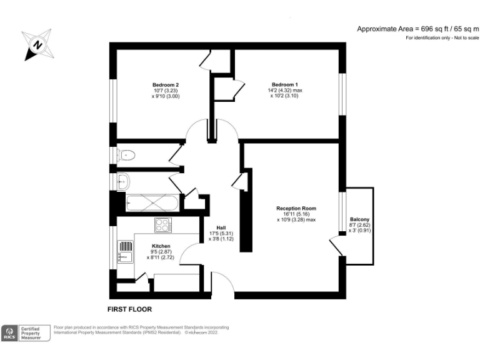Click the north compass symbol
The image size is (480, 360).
(x=37, y=45)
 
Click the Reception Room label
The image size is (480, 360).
(x=296, y=208)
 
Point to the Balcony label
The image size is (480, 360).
(x=359, y=219)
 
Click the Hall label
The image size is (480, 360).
(x=221, y=227)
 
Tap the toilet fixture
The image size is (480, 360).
(x=127, y=153)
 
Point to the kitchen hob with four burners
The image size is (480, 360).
(x=163, y=224)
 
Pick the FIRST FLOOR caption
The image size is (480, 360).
(x=129, y=309)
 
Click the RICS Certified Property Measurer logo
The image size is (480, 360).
(x=26, y=332)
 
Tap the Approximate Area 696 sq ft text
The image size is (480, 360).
(x=417, y=29)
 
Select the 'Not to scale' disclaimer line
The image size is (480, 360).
(x=442, y=38)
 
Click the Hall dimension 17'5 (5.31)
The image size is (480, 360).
(x=221, y=233)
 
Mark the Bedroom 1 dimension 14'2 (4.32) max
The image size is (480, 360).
(x=284, y=91)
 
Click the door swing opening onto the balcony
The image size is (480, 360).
(x=337, y=245)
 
